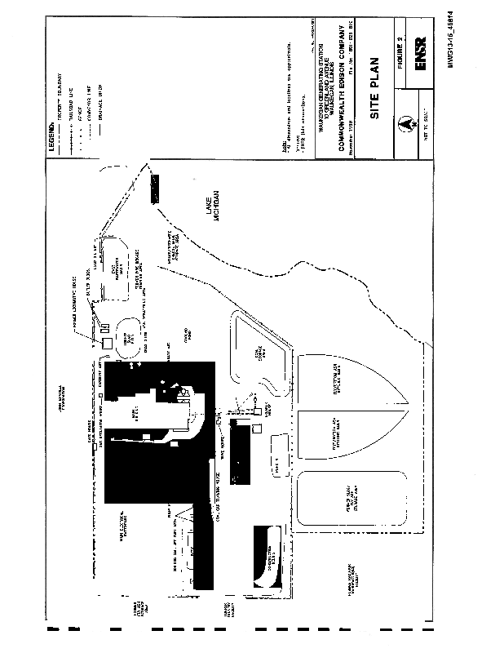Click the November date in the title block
[x=353, y=133]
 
